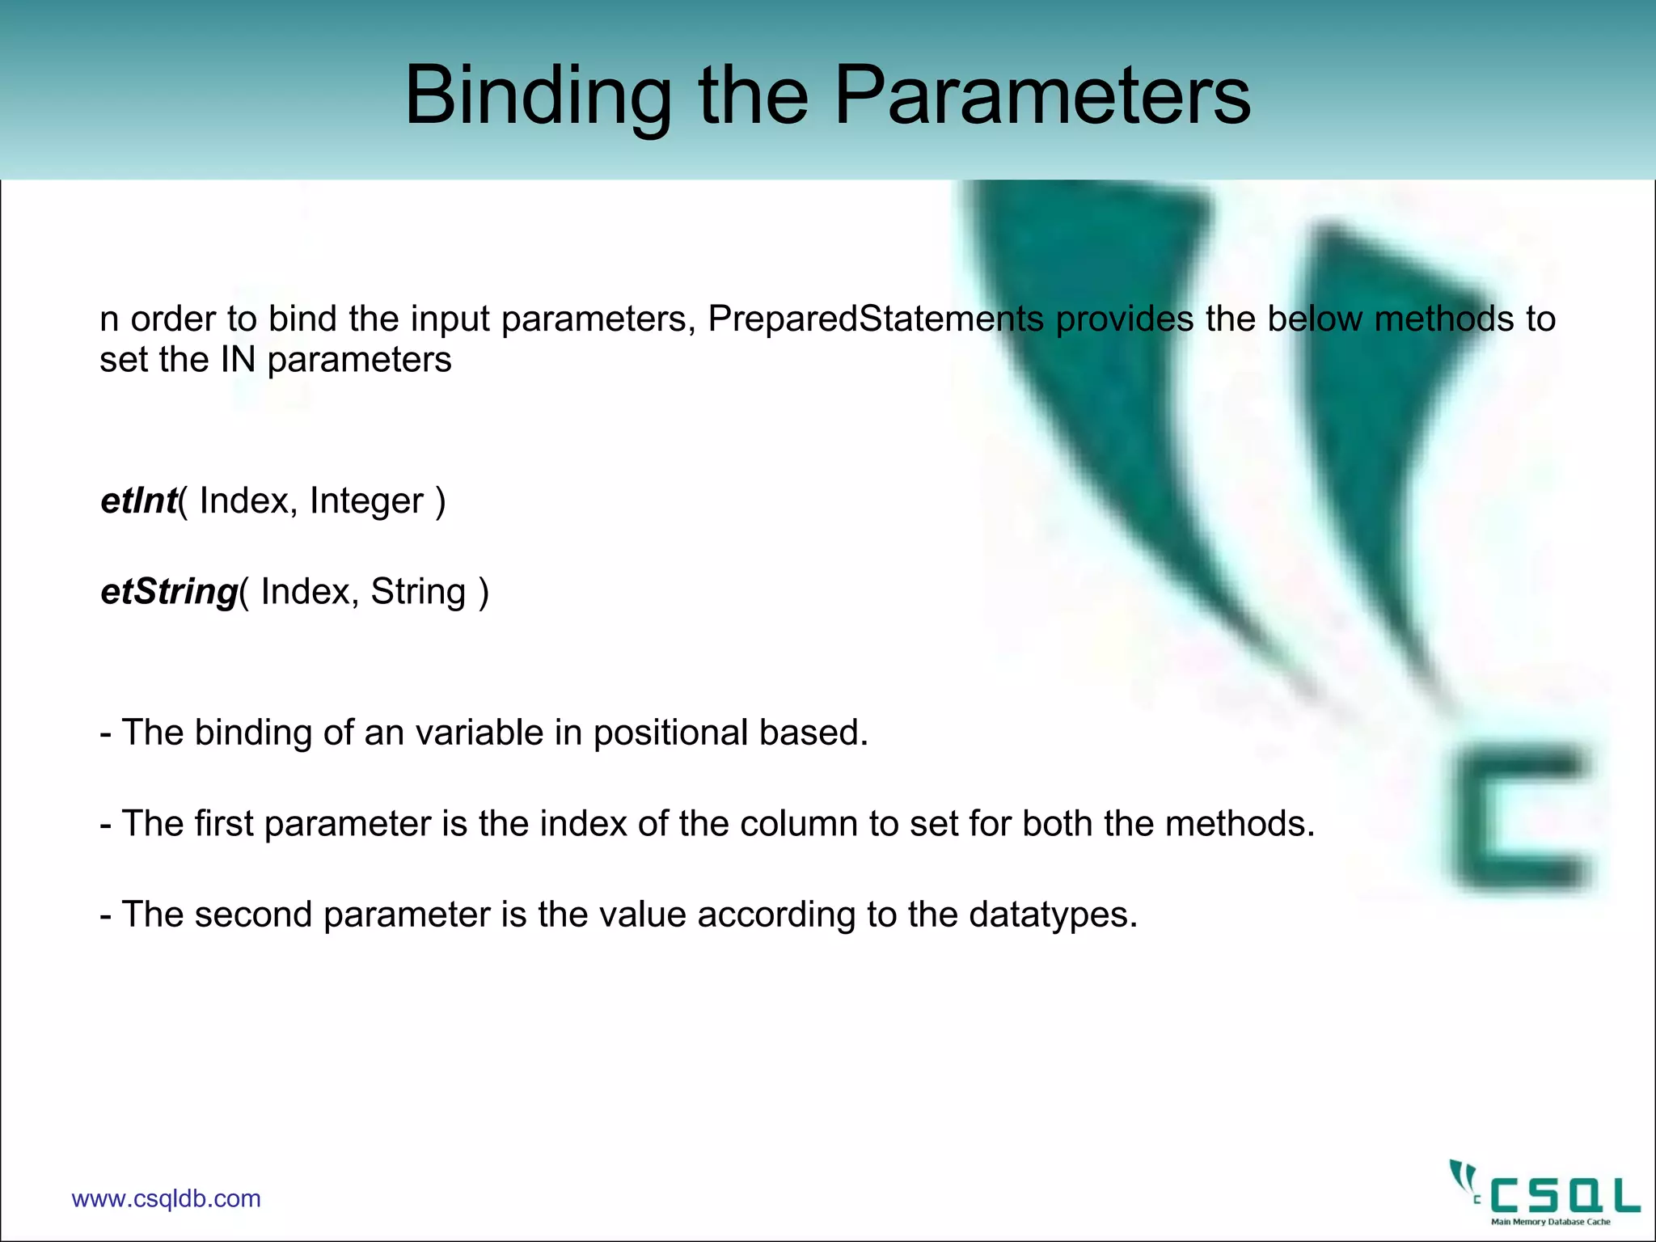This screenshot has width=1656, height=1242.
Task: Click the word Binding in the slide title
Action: click(537, 97)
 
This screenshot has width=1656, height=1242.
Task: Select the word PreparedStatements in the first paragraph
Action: click(876, 319)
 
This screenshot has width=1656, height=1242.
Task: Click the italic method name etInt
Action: click(138, 501)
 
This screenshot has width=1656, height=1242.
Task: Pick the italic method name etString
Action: click(168, 592)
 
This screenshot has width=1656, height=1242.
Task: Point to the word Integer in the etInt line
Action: click(366, 501)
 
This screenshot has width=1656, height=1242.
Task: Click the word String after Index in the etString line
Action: click(418, 592)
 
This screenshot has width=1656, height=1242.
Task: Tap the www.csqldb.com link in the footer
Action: click(166, 1198)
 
